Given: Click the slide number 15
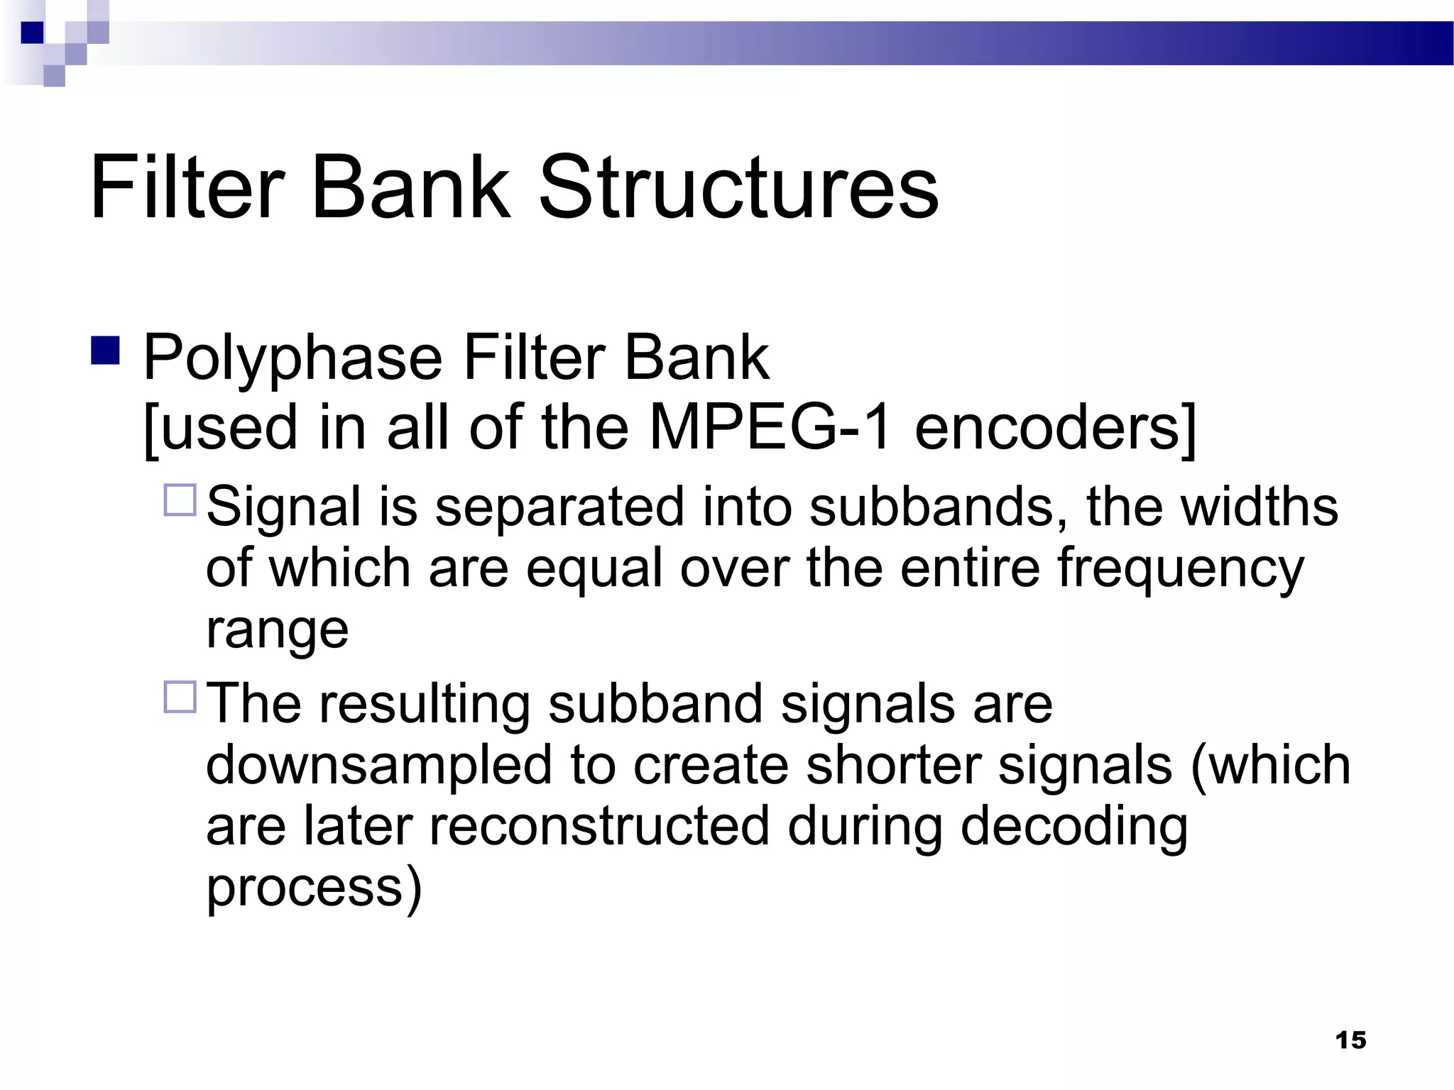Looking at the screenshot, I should click(1350, 1040).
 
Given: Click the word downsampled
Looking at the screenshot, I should click(379, 765).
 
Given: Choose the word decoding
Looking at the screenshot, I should click(1074, 826).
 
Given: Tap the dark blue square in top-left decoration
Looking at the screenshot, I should click(32, 33).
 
